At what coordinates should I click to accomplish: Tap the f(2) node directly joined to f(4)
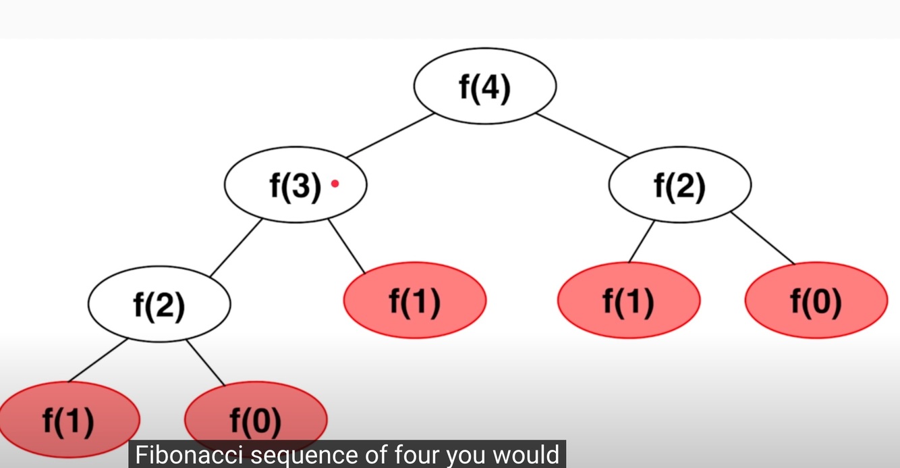click(679, 186)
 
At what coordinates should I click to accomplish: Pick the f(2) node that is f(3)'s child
click(159, 305)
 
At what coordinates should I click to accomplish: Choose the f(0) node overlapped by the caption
click(256, 419)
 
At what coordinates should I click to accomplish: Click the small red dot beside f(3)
click(335, 183)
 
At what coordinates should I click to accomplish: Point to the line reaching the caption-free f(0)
click(763, 238)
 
